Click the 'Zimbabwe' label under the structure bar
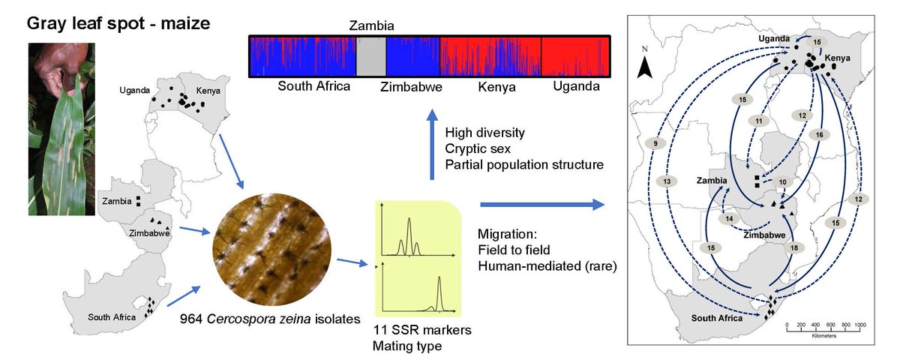[x=409, y=87]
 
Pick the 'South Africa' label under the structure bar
[x=314, y=86]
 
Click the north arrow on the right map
[x=645, y=63]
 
